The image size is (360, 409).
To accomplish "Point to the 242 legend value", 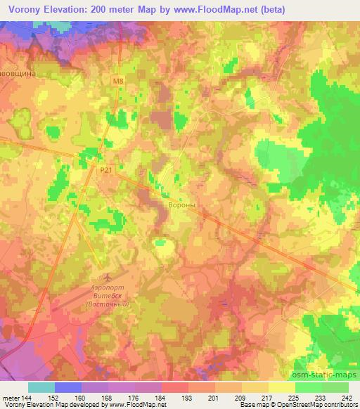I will coord(348,397).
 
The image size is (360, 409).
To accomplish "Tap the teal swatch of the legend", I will coord(41,387).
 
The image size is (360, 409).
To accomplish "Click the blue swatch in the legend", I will coord(68,387).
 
